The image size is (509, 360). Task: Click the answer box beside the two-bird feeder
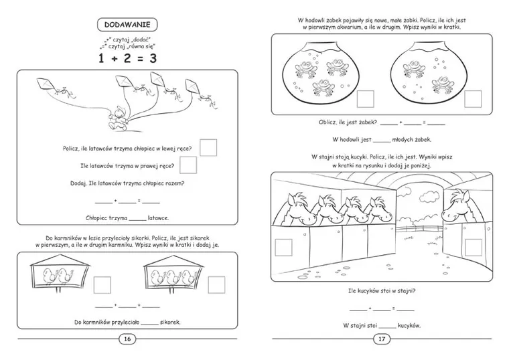[102, 286]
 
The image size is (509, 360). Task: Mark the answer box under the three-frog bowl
[365, 100]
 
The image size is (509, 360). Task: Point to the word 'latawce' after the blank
[158, 217]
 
